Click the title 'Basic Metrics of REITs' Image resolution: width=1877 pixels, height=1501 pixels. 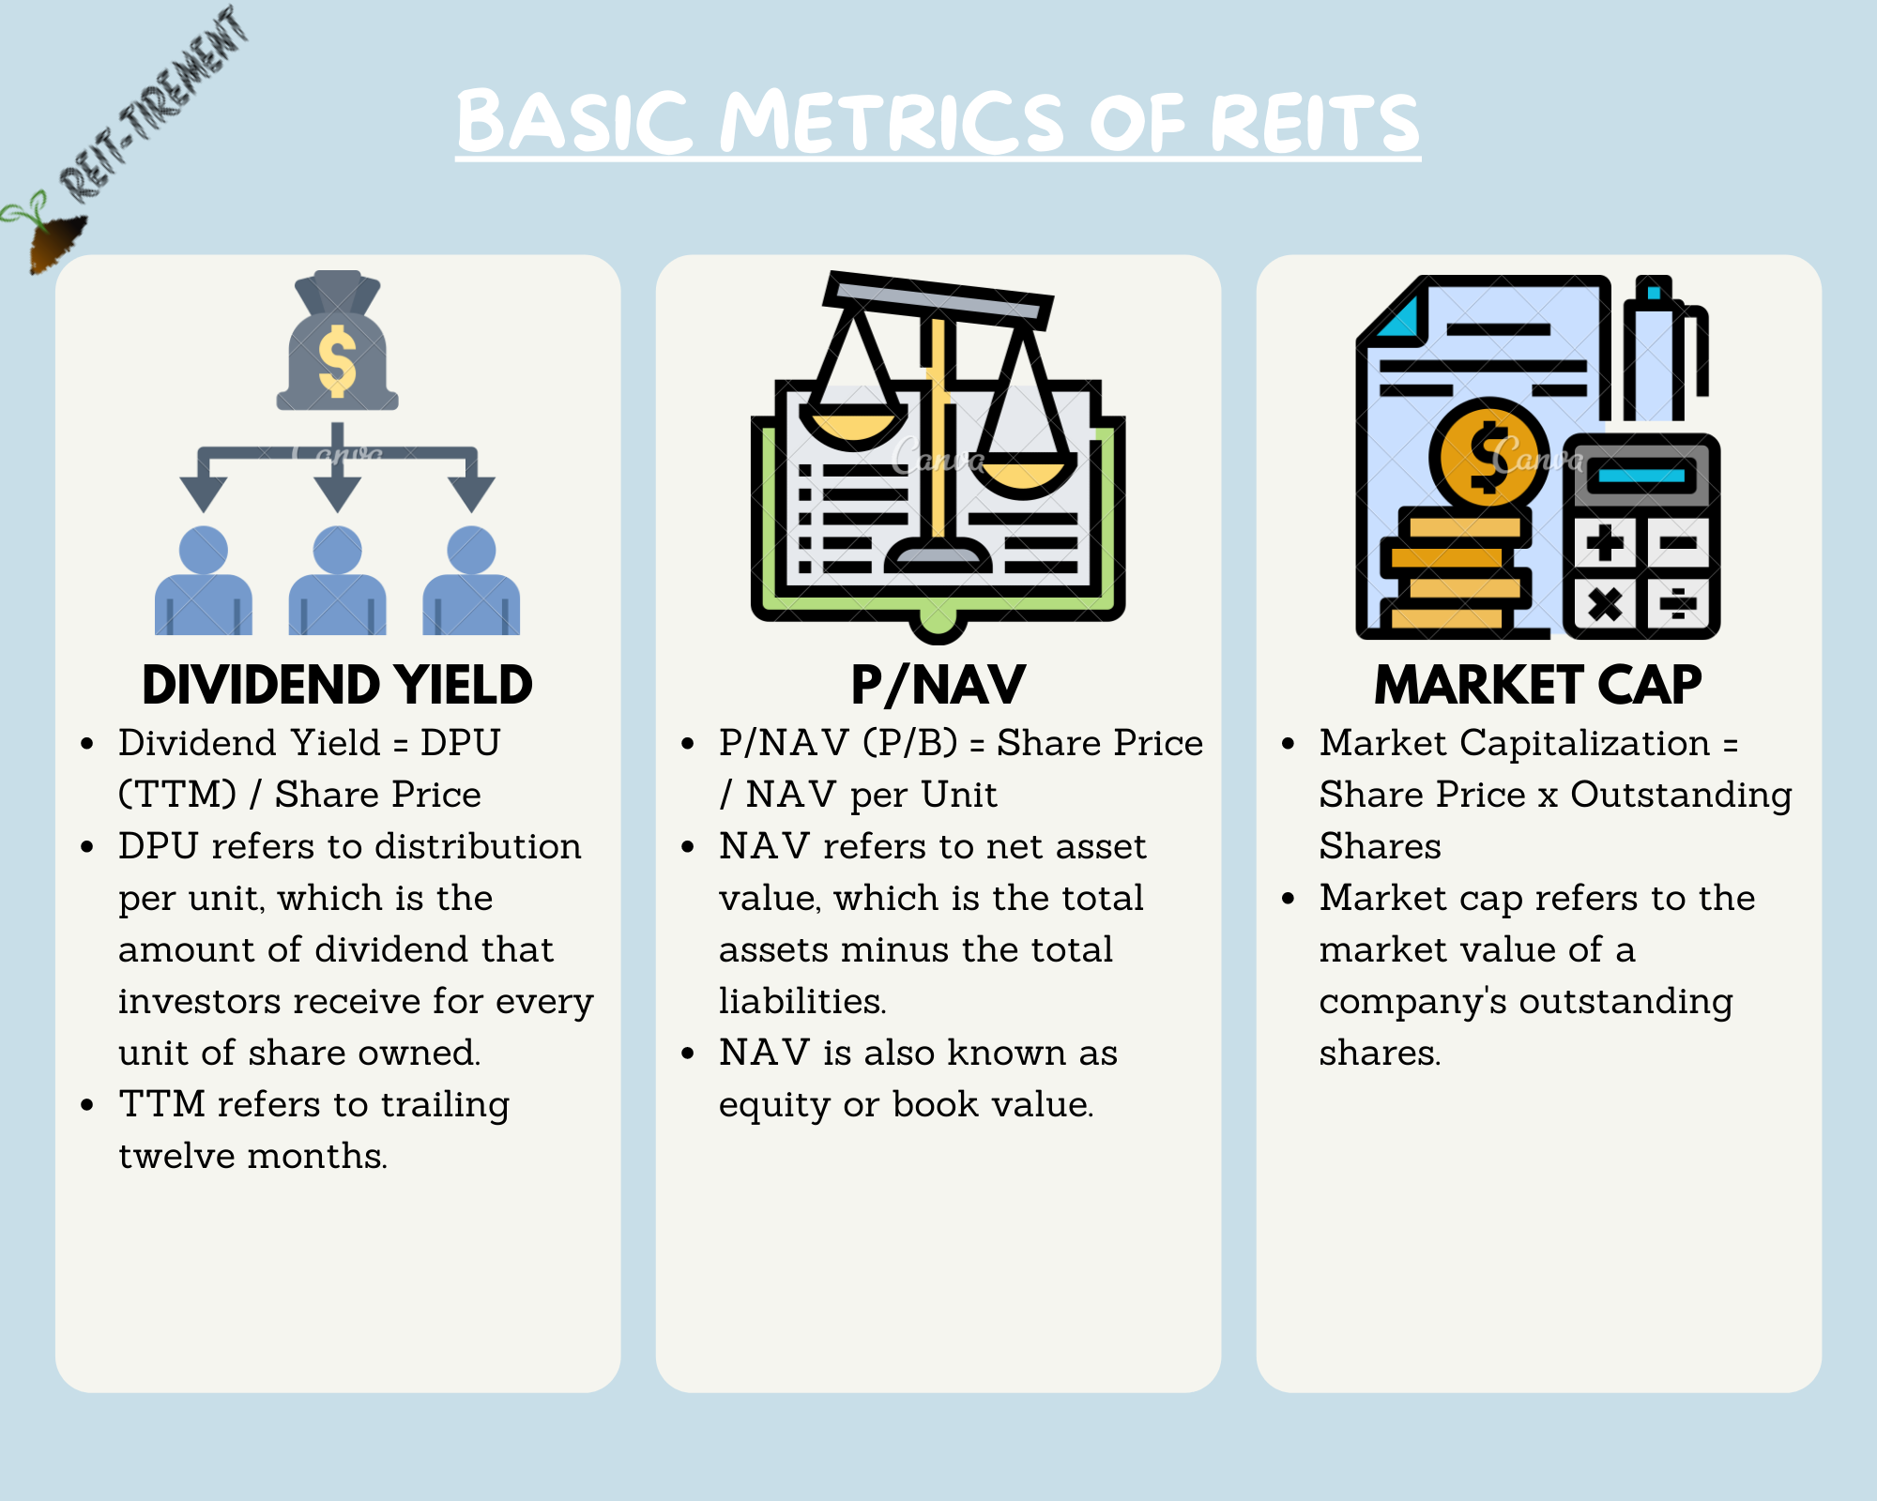[938, 122]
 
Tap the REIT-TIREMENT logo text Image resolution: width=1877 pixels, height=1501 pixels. [155, 103]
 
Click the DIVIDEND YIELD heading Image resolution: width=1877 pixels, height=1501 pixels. [337, 685]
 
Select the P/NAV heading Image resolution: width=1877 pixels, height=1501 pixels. [938, 685]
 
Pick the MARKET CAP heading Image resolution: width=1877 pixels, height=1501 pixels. [1537, 685]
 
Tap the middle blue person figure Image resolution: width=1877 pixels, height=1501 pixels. [337, 582]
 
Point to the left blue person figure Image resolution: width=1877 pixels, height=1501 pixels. [203, 582]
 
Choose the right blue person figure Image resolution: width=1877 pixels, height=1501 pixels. [471, 582]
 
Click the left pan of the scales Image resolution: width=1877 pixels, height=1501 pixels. [852, 427]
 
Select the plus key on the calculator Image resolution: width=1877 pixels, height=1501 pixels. [1605, 542]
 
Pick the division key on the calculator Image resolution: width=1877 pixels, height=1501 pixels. [1678, 603]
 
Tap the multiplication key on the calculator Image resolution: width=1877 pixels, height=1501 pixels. [1605, 603]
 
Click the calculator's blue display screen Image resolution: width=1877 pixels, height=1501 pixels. [1641, 476]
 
